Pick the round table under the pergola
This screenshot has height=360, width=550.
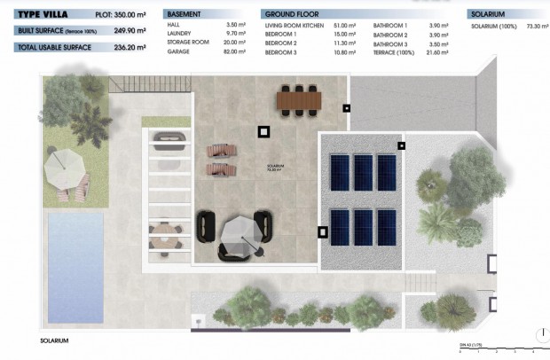point(163,234)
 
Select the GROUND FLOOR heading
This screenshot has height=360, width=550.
point(291,15)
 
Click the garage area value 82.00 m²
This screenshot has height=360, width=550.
point(235,52)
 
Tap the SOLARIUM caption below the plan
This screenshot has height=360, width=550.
point(53,340)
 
